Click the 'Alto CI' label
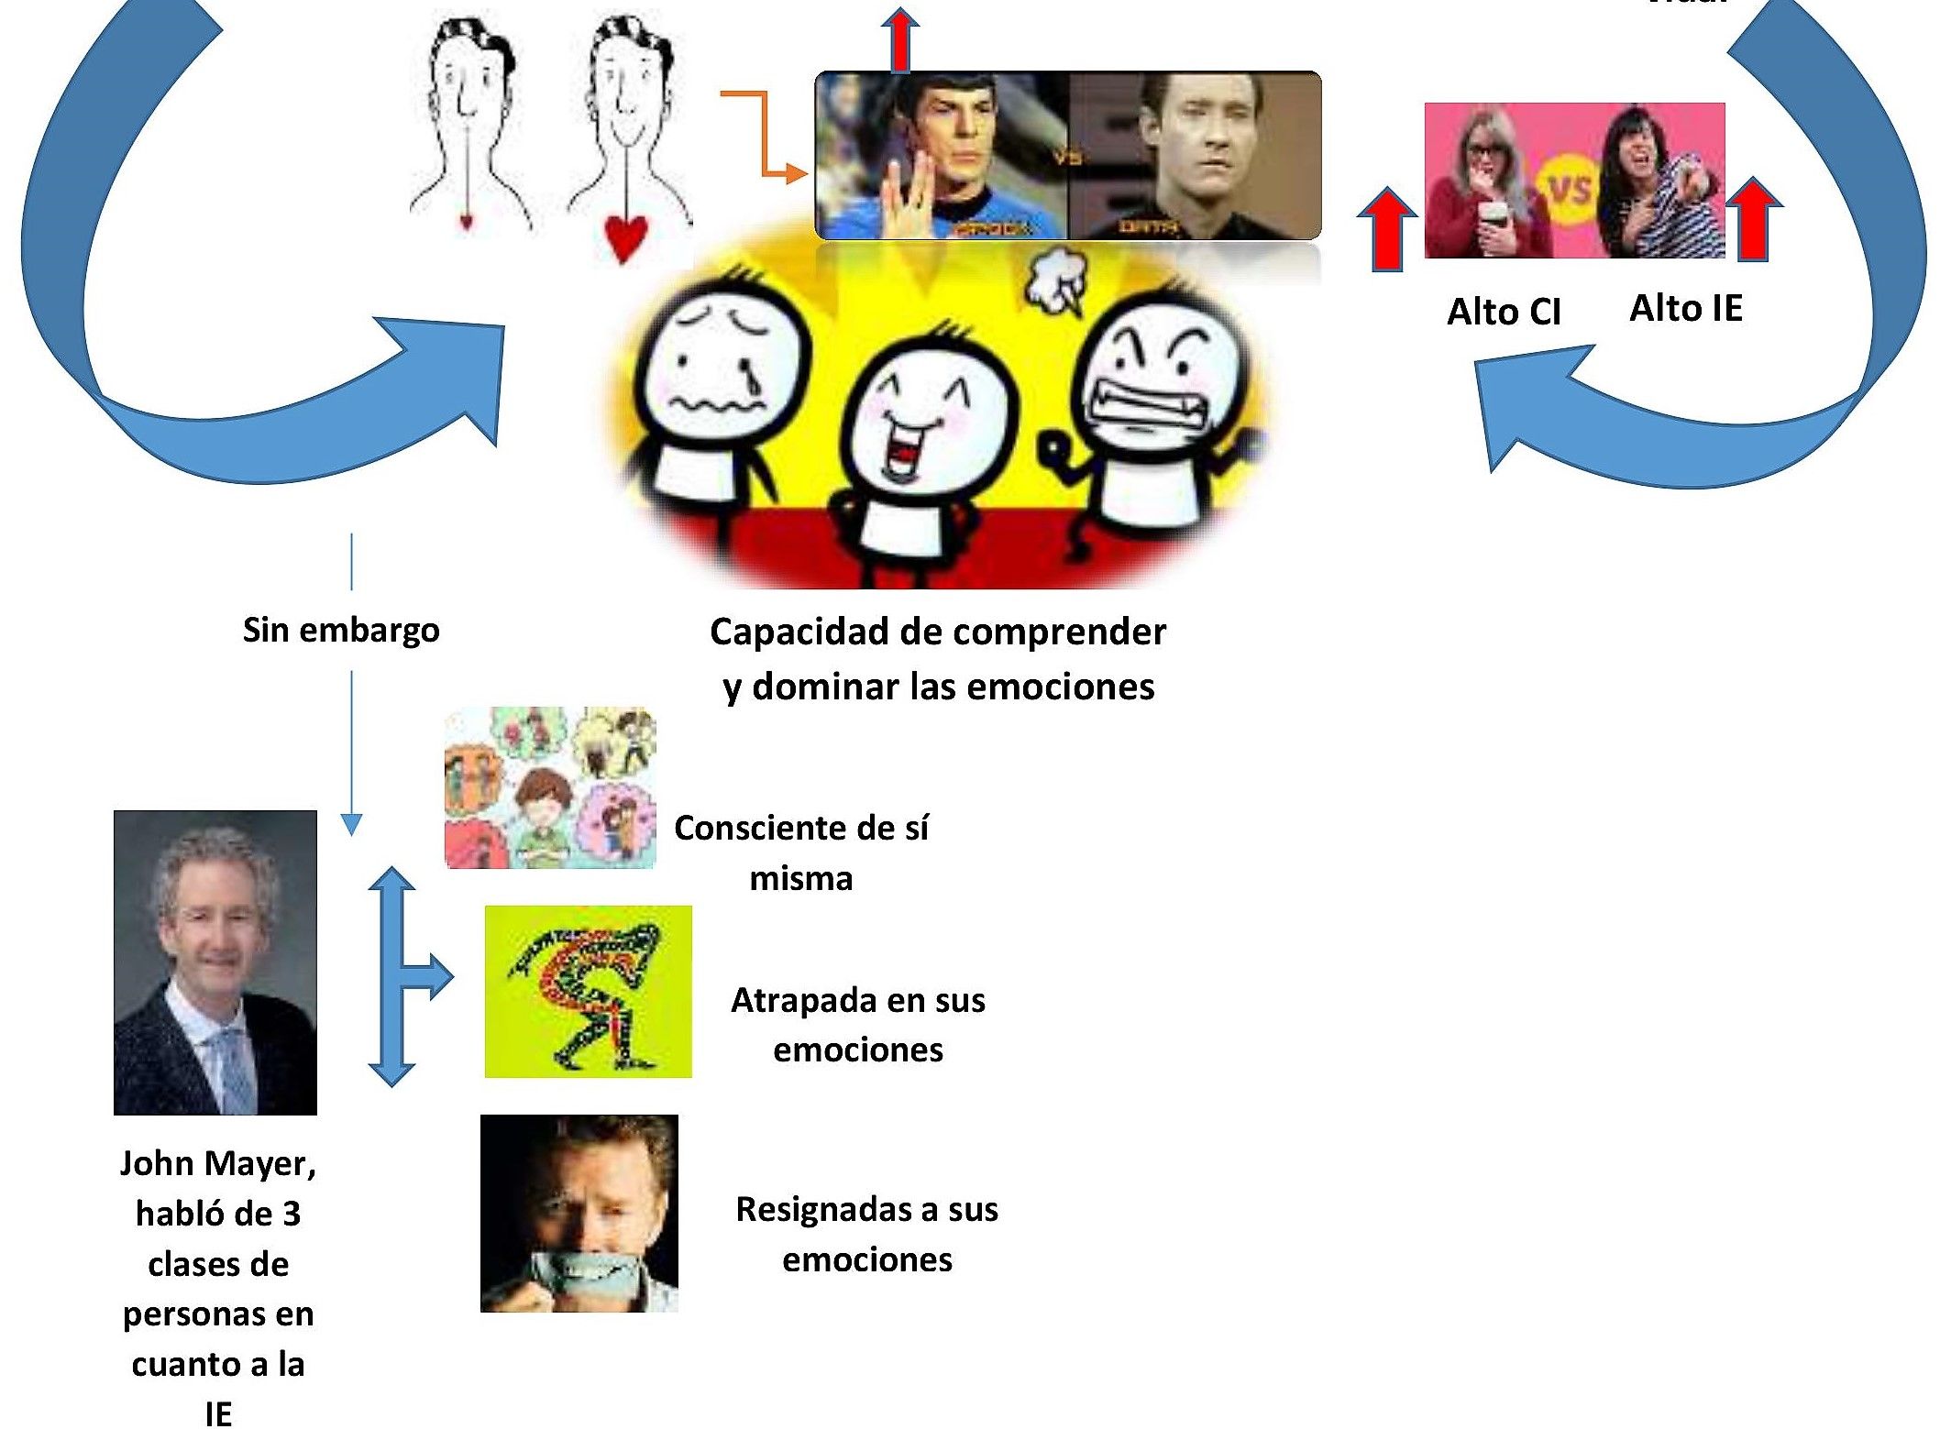click(1504, 313)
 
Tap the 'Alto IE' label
click(1685, 309)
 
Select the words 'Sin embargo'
click(341, 631)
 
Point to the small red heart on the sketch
click(466, 221)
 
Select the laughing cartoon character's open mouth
click(903, 453)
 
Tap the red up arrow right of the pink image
click(1753, 220)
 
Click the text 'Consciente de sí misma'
click(801, 852)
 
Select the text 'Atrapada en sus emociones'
click(857, 1024)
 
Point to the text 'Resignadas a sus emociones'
click(866, 1234)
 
